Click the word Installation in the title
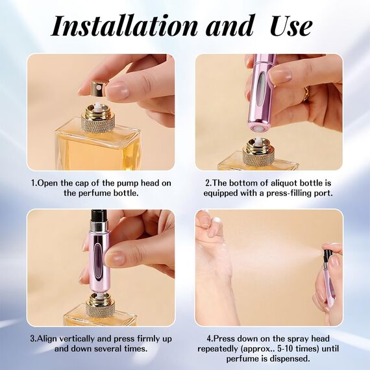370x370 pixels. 123,25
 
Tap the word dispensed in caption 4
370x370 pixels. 288,358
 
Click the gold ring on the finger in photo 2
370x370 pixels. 306,94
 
